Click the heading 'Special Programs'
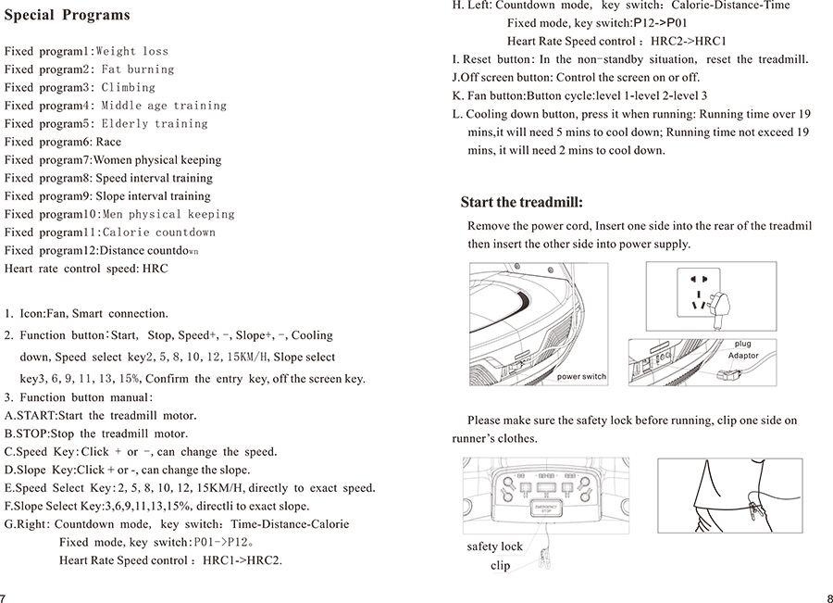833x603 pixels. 67,16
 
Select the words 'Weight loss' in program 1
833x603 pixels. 132,51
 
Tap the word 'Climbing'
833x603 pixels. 129,87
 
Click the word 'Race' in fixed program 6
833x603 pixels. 108,142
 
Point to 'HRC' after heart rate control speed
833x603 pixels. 155,269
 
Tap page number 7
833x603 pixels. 4,597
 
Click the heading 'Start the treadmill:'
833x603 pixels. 521,202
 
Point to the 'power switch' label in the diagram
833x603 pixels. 581,377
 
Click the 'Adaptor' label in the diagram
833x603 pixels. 743,356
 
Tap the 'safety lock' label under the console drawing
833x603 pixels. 494,546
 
